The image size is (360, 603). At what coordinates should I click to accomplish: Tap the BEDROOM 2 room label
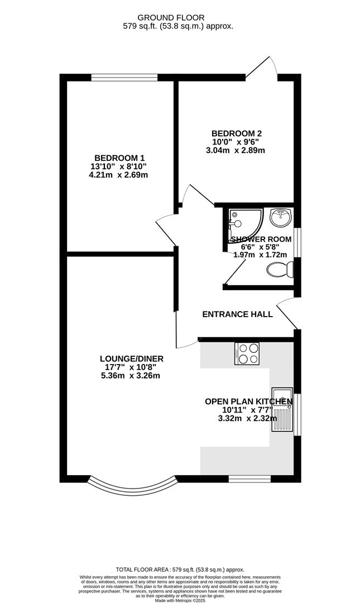tap(236, 133)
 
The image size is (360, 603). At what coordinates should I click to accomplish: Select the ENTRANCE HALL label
tap(237, 314)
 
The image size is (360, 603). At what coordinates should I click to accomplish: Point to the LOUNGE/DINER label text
tap(131, 358)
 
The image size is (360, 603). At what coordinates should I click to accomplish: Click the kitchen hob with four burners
tap(247, 353)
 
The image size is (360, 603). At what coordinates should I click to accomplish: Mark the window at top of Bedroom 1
tap(124, 78)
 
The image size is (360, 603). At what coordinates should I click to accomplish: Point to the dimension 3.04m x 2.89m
tap(236, 150)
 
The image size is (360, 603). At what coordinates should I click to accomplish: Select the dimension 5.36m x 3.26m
tap(131, 375)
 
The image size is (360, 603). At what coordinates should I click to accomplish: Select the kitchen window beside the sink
tap(296, 414)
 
